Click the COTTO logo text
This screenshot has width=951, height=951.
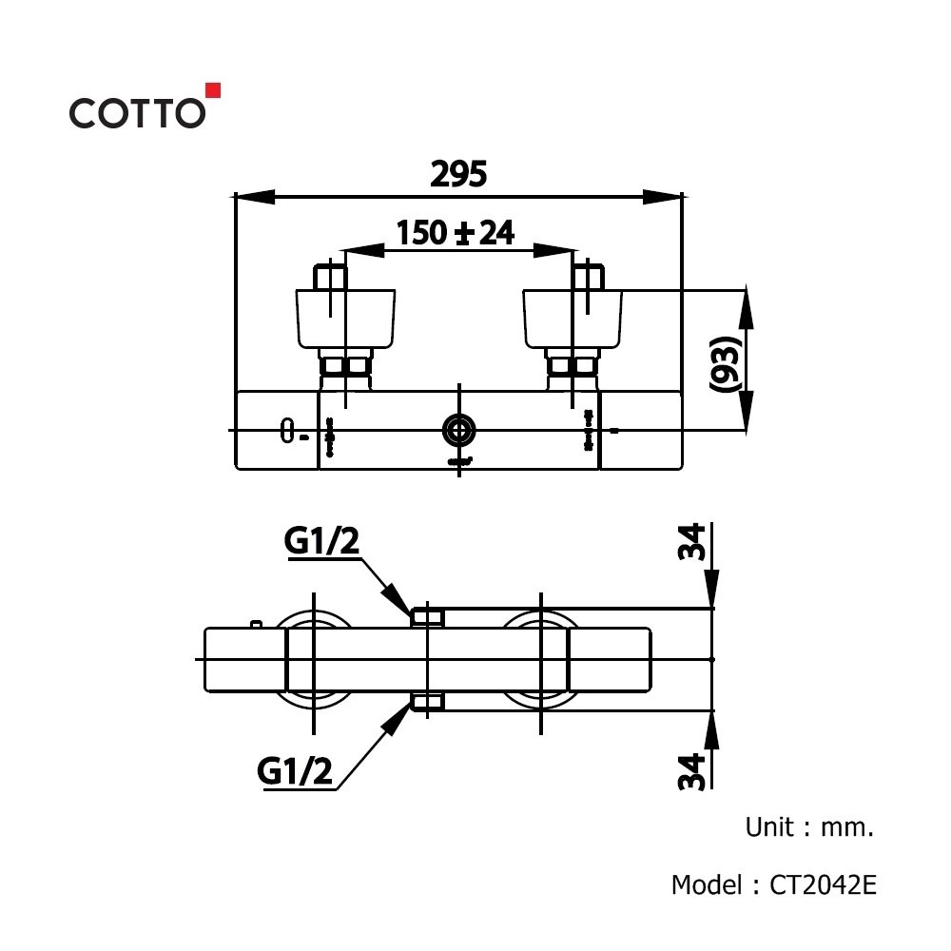tap(136, 112)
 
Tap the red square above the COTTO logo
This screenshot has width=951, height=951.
tap(214, 90)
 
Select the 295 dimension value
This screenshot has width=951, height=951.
tap(458, 174)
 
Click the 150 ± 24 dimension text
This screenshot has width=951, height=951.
tap(456, 232)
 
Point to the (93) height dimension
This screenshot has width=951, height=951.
tap(725, 363)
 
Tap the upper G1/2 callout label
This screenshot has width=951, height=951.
tap(322, 542)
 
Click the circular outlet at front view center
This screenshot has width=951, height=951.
tap(460, 430)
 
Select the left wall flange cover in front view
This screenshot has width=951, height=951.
tap(346, 319)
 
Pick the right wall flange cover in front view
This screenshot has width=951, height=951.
tap(573, 319)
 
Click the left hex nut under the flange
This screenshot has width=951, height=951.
tap(345, 366)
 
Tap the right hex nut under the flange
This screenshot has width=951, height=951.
tap(572, 366)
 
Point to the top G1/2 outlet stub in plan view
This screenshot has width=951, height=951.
tap(427, 617)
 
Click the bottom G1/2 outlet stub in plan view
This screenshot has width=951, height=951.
tap(427, 703)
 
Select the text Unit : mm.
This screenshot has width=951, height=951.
tap(808, 827)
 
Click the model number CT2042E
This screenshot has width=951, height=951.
tap(824, 885)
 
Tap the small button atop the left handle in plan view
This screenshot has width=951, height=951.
tap(255, 624)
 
